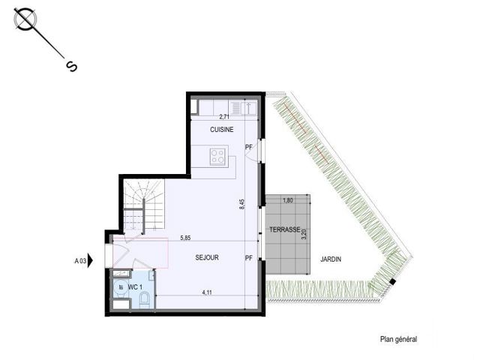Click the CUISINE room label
[x=222, y=130]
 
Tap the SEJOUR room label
[x=207, y=258]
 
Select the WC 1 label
[x=135, y=287]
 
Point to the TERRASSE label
[x=285, y=229]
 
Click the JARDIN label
[x=331, y=259]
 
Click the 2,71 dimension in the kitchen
[x=224, y=117]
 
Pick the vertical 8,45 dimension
[x=242, y=204]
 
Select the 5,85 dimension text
[x=185, y=238]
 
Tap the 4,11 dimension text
[x=207, y=292]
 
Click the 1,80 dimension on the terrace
[x=288, y=200]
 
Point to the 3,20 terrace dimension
[x=304, y=234]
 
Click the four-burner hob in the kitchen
[x=218, y=157]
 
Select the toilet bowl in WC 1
[x=144, y=299]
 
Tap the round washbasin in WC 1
[x=121, y=287]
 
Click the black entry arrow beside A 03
[x=90, y=260]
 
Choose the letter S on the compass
[x=71, y=67]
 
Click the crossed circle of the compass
[x=25, y=19]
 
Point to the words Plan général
[x=398, y=339]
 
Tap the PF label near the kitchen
[x=249, y=147]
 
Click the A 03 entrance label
[x=80, y=261]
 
